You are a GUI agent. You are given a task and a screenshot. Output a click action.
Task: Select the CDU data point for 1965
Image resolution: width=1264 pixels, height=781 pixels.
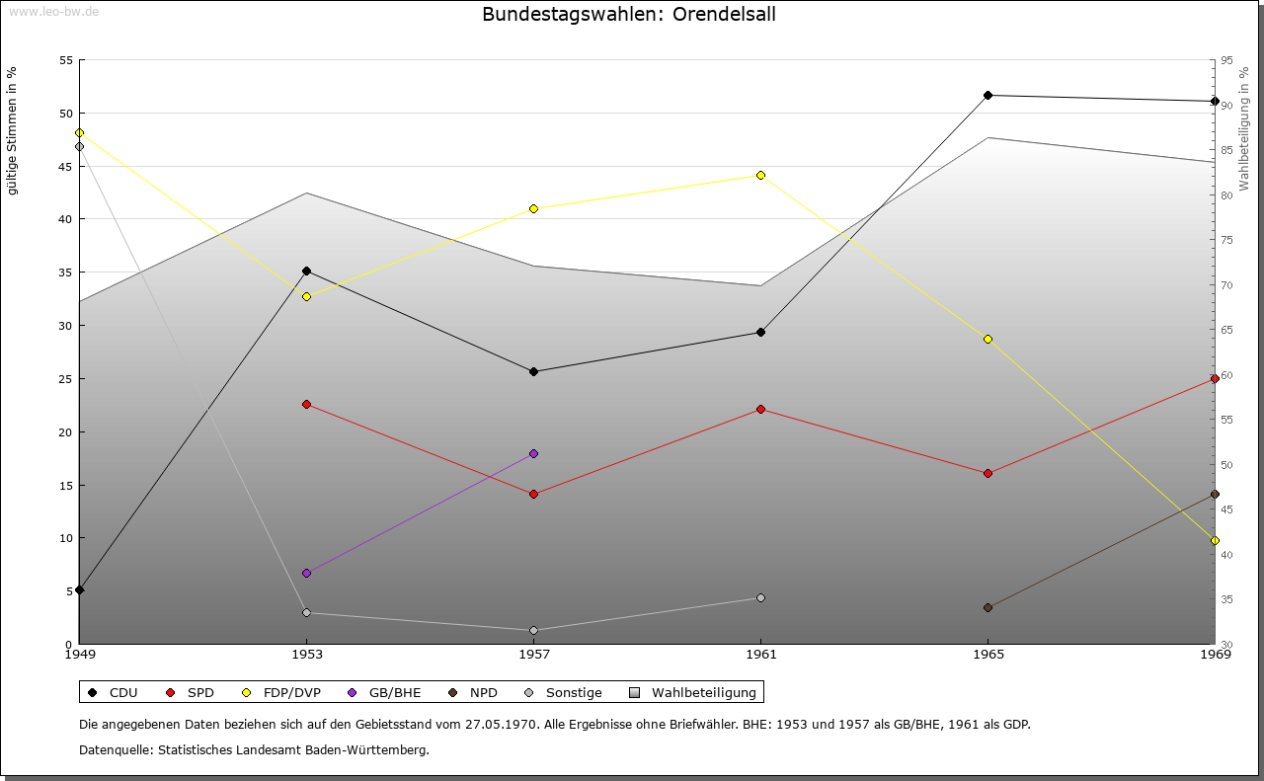point(987,95)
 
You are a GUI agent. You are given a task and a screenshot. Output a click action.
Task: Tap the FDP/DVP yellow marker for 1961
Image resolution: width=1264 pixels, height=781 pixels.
point(760,175)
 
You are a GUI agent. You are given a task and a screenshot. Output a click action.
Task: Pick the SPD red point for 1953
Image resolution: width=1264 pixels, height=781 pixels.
point(306,404)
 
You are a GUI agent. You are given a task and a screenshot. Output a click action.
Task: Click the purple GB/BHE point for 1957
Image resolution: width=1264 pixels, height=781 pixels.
point(533,453)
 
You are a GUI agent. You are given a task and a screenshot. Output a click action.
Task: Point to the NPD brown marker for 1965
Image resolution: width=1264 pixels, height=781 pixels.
point(987,607)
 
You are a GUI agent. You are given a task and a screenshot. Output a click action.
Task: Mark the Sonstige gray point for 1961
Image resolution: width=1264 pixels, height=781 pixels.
point(760,597)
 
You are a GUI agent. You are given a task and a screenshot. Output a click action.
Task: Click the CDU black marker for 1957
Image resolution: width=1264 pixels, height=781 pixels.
point(533,371)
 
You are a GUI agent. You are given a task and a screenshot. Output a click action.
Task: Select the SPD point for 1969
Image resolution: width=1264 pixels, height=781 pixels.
point(1215,378)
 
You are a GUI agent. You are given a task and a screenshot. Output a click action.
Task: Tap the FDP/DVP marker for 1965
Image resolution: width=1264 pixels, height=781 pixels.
point(987,339)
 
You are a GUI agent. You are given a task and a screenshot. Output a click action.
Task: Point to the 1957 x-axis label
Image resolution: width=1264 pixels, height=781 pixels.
point(533,654)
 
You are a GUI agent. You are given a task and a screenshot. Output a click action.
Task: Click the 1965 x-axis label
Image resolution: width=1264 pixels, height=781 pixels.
point(987,654)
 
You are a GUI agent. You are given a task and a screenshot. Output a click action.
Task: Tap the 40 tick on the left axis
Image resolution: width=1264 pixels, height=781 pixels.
point(65,219)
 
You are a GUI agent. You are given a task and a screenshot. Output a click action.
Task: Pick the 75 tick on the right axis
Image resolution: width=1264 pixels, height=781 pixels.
point(1227,240)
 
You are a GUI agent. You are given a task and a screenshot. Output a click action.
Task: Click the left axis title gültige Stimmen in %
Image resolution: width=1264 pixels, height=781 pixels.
point(12,130)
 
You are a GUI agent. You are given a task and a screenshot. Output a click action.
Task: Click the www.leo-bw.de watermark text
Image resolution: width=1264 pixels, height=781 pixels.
point(49,11)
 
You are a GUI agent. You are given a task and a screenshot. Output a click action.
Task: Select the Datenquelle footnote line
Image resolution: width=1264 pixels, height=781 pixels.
point(254,749)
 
